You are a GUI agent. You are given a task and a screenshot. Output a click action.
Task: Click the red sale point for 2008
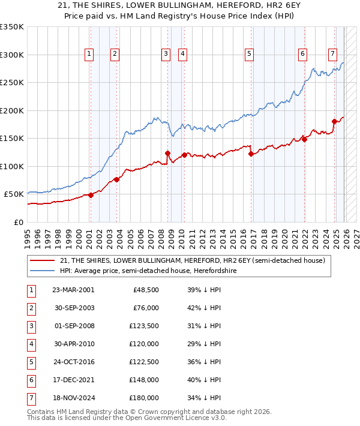tap(167, 153)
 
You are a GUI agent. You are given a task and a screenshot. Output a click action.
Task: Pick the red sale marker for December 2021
tap(304, 140)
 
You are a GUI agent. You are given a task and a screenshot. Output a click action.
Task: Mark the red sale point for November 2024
tap(334, 122)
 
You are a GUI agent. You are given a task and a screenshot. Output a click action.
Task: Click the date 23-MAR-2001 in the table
tap(73, 289)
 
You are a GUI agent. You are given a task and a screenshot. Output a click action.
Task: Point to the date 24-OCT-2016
tap(73, 361)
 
